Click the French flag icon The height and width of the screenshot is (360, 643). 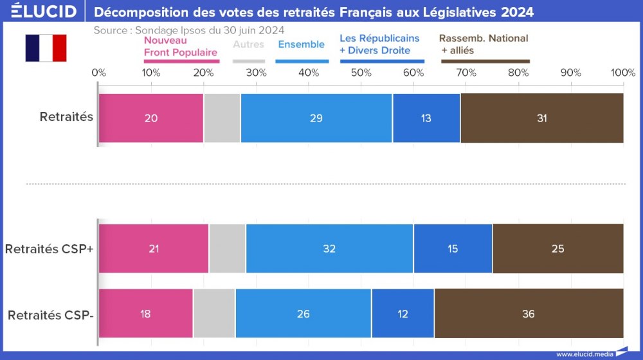[46, 48]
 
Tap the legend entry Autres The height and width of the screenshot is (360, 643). [248, 44]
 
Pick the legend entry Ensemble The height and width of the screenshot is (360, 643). [301, 44]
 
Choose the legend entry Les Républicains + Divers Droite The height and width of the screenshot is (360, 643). [379, 44]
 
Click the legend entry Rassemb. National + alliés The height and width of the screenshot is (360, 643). [484, 44]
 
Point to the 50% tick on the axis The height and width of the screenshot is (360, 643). [361, 73]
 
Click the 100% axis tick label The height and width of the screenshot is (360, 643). [622, 73]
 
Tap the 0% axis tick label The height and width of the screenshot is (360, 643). [99, 73]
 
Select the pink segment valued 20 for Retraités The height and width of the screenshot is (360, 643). [151, 118]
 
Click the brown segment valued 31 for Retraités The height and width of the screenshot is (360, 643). [542, 118]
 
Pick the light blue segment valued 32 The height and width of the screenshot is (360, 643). [329, 249]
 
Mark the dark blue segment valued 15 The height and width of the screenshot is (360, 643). [453, 249]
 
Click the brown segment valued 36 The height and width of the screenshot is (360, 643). [529, 314]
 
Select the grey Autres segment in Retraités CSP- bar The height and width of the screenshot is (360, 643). [214, 314]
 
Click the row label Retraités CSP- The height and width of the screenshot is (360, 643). [51, 315]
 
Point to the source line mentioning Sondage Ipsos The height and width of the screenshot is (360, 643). [189, 30]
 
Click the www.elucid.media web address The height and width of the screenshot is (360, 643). [584, 354]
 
